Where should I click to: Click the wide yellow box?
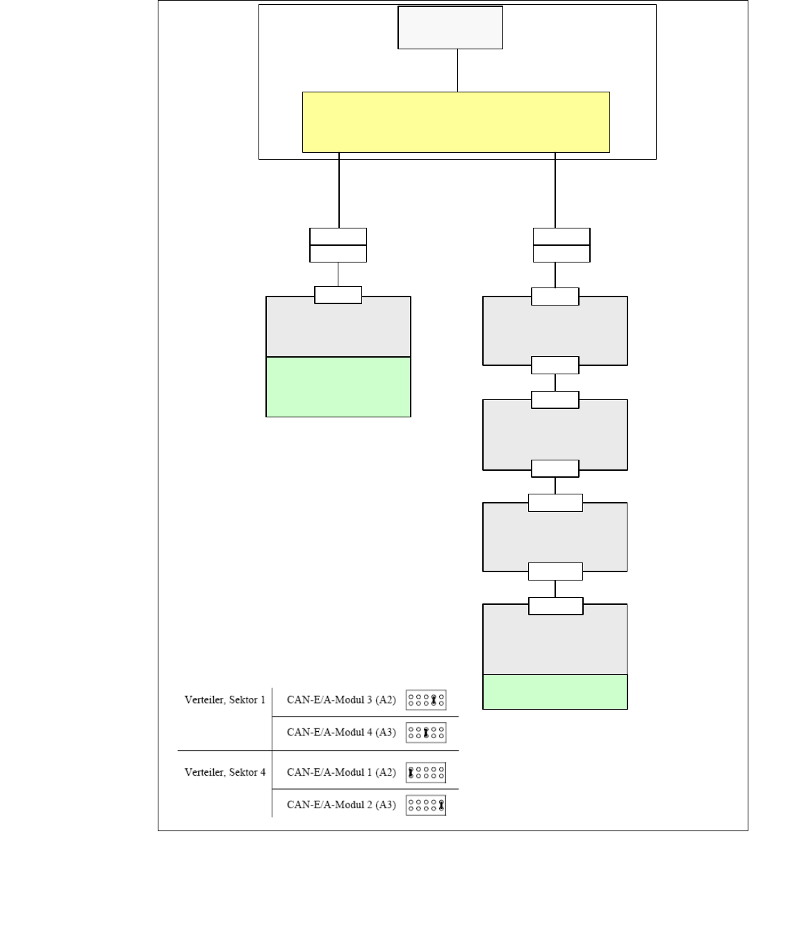click(456, 122)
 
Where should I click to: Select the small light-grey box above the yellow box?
click(450, 28)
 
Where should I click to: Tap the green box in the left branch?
click(338, 387)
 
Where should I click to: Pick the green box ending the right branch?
click(555, 692)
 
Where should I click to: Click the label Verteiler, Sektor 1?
click(224, 700)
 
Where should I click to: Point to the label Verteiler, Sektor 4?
click(224, 772)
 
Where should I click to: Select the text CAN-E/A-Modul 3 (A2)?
click(341, 700)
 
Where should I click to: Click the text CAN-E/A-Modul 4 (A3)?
click(341, 733)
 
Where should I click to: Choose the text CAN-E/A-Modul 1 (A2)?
click(341, 772)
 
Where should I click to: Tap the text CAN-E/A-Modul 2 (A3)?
click(341, 805)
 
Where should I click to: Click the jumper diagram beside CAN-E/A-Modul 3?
click(426, 700)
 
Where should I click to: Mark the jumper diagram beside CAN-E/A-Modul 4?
click(426, 733)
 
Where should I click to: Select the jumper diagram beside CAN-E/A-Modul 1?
click(426, 772)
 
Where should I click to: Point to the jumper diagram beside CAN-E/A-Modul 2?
click(426, 806)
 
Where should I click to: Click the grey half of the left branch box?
click(338, 331)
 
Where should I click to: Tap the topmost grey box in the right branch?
click(555, 331)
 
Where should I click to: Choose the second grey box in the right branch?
click(555, 435)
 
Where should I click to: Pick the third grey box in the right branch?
click(555, 537)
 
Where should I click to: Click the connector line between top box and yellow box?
click(457, 70)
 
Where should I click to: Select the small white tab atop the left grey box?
click(338, 295)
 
